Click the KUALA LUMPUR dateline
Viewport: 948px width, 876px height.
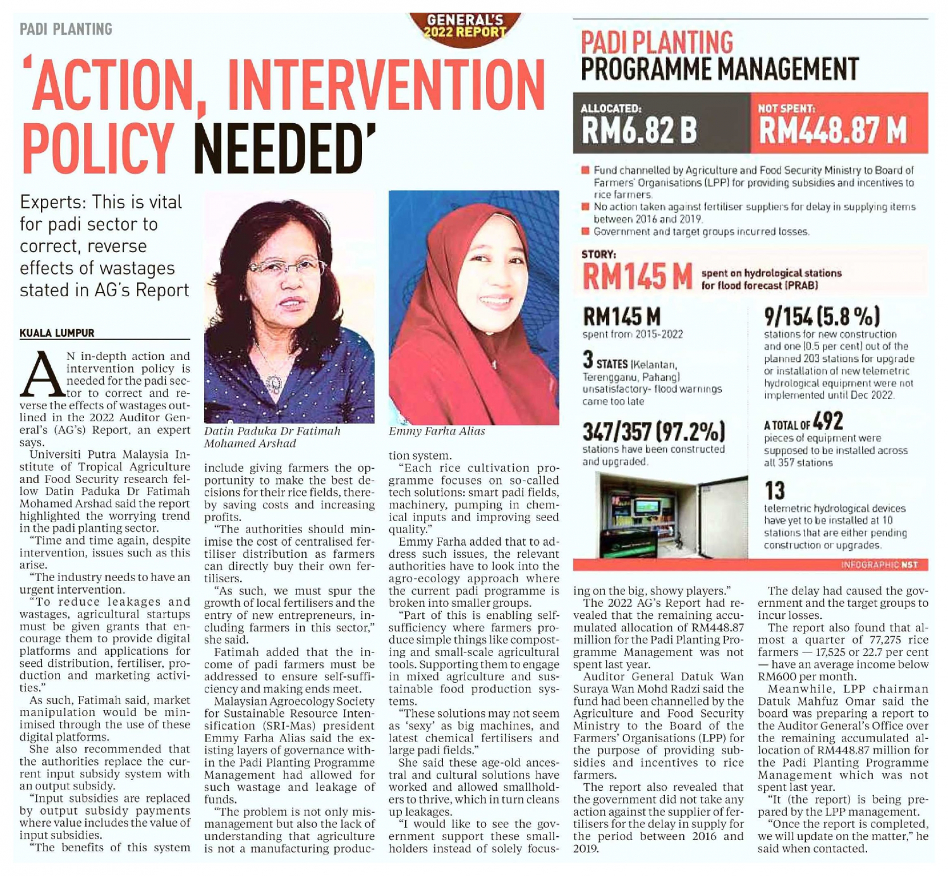[57, 333]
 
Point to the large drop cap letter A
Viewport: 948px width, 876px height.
[42, 375]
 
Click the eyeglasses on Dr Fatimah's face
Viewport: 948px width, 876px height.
[288, 268]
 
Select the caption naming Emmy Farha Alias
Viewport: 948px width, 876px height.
[437, 431]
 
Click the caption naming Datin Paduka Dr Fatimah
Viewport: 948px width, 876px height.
[272, 437]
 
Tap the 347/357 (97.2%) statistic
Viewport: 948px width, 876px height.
[653, 432]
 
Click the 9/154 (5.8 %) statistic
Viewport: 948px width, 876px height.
[822, 316]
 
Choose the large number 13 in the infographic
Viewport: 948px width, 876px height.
[775, 490]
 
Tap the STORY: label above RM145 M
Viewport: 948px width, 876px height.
[599, 255]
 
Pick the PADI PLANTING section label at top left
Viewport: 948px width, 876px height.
[66, 29]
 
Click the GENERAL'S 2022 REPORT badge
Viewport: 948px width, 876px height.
[465, 27]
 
